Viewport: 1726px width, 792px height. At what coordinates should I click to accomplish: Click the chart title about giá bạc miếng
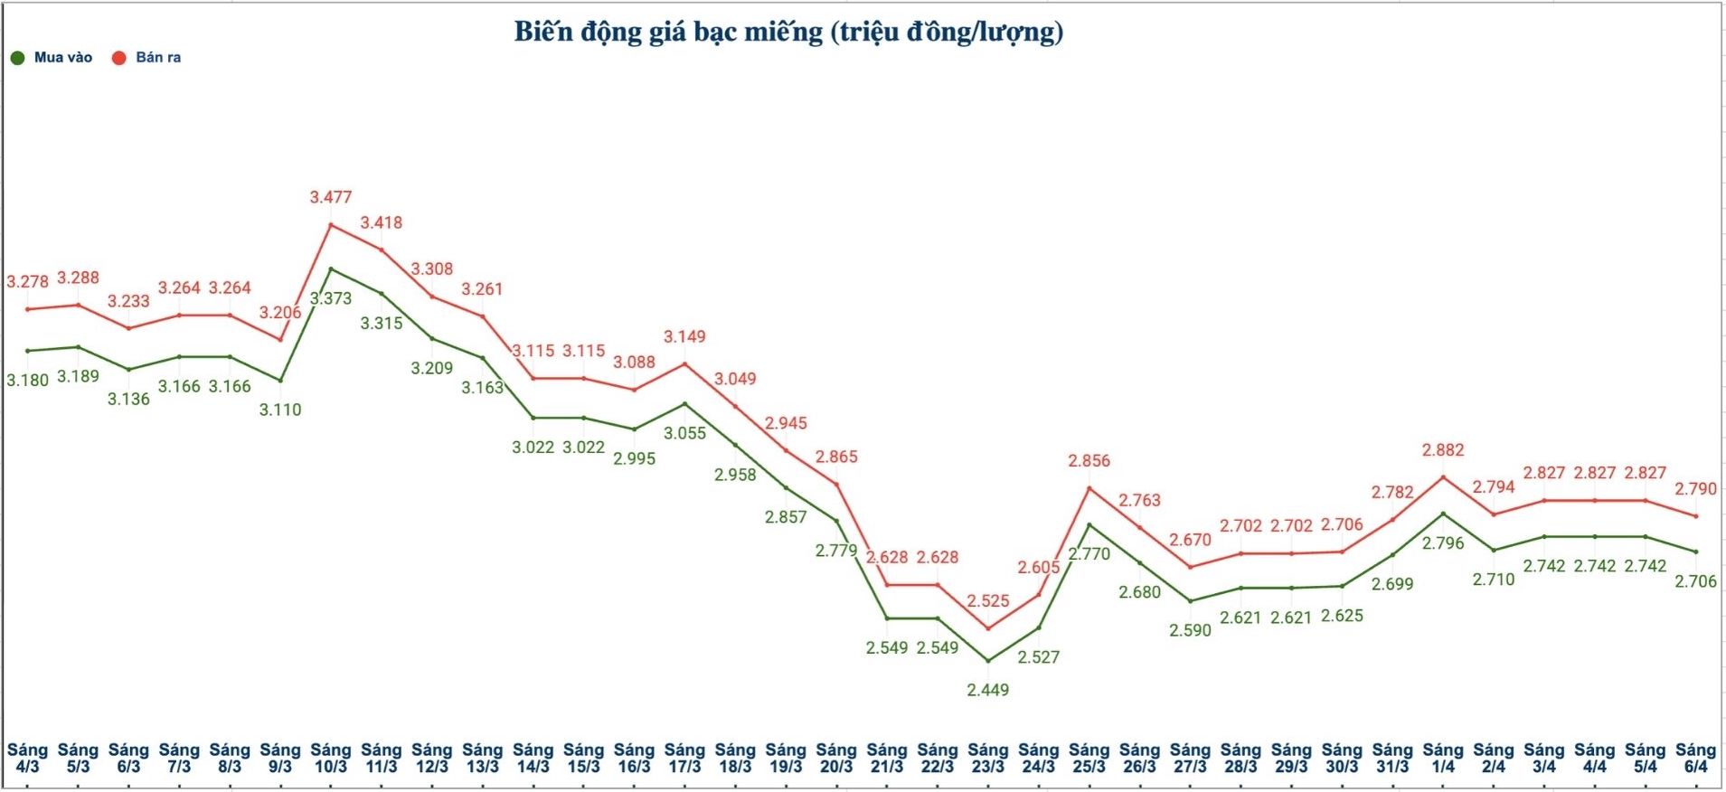coord(788,32)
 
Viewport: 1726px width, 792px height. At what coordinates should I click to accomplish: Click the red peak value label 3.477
coord(331,197)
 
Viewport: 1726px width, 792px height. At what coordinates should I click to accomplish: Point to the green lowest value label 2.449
coord(987,690)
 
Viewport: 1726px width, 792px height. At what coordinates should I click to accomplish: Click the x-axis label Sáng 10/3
coord(331,758)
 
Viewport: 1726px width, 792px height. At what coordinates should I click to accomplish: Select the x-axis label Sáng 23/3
coord(987,758)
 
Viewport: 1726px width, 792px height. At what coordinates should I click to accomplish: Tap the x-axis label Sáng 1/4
coord(1443,758)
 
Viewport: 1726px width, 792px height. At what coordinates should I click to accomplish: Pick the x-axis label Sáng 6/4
coord(1695,758)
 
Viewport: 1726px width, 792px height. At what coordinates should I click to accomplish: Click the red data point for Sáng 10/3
coord(331,224)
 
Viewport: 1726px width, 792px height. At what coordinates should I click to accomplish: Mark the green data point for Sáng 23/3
coord(988,661)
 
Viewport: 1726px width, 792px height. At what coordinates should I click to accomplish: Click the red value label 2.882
coord(1443,450)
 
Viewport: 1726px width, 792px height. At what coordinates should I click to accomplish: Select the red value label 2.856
coord(1089,461)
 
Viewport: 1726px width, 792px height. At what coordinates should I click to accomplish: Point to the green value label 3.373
coord(331,298)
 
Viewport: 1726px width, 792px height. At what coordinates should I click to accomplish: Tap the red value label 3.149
coord(684,336)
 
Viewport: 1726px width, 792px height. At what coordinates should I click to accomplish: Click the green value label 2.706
coord(1695,581)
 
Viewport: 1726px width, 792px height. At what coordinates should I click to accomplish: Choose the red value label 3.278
coord(28,282)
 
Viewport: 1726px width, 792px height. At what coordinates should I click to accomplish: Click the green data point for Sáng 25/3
coord(1089,524)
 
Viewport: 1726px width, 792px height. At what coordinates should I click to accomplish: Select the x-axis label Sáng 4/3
coord(28,758)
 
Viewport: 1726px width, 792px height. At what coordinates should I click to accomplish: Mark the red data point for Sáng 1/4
coord(1443,476)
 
